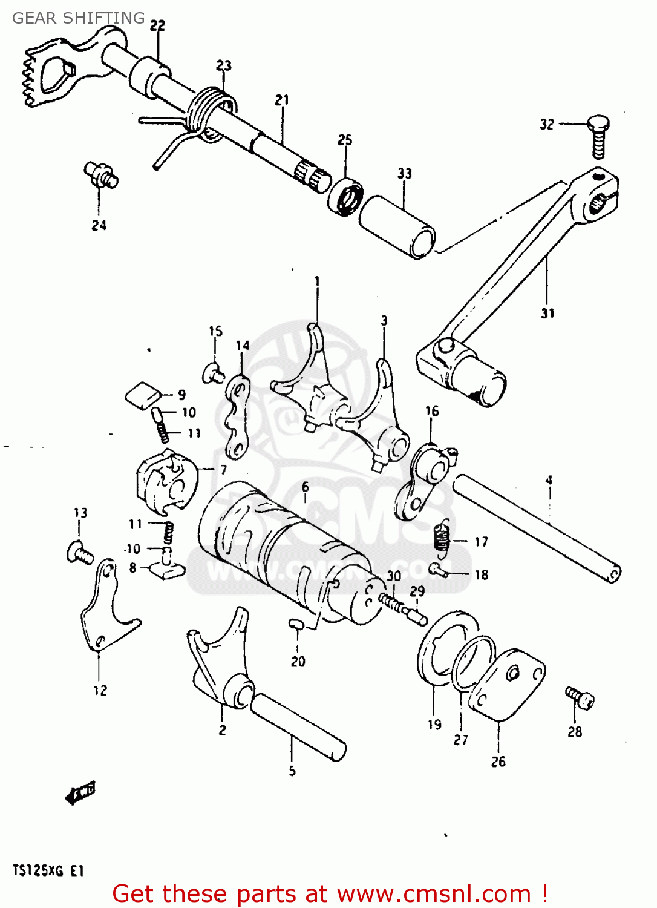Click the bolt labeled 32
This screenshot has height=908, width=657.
[598, 137]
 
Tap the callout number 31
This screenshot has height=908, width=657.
[547, 314]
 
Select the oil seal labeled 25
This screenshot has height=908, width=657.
[346, 196]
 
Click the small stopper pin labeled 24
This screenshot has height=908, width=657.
[101, 174]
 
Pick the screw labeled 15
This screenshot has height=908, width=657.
[214, 372]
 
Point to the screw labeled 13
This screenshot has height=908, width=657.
[79, 553]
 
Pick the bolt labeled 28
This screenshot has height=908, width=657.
[580, 697]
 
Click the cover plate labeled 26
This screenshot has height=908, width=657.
[507, 685]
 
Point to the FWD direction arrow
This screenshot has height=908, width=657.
[80, 793]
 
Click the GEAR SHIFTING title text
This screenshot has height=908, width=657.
[79, 18]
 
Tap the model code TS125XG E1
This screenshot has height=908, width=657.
[48, 871]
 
